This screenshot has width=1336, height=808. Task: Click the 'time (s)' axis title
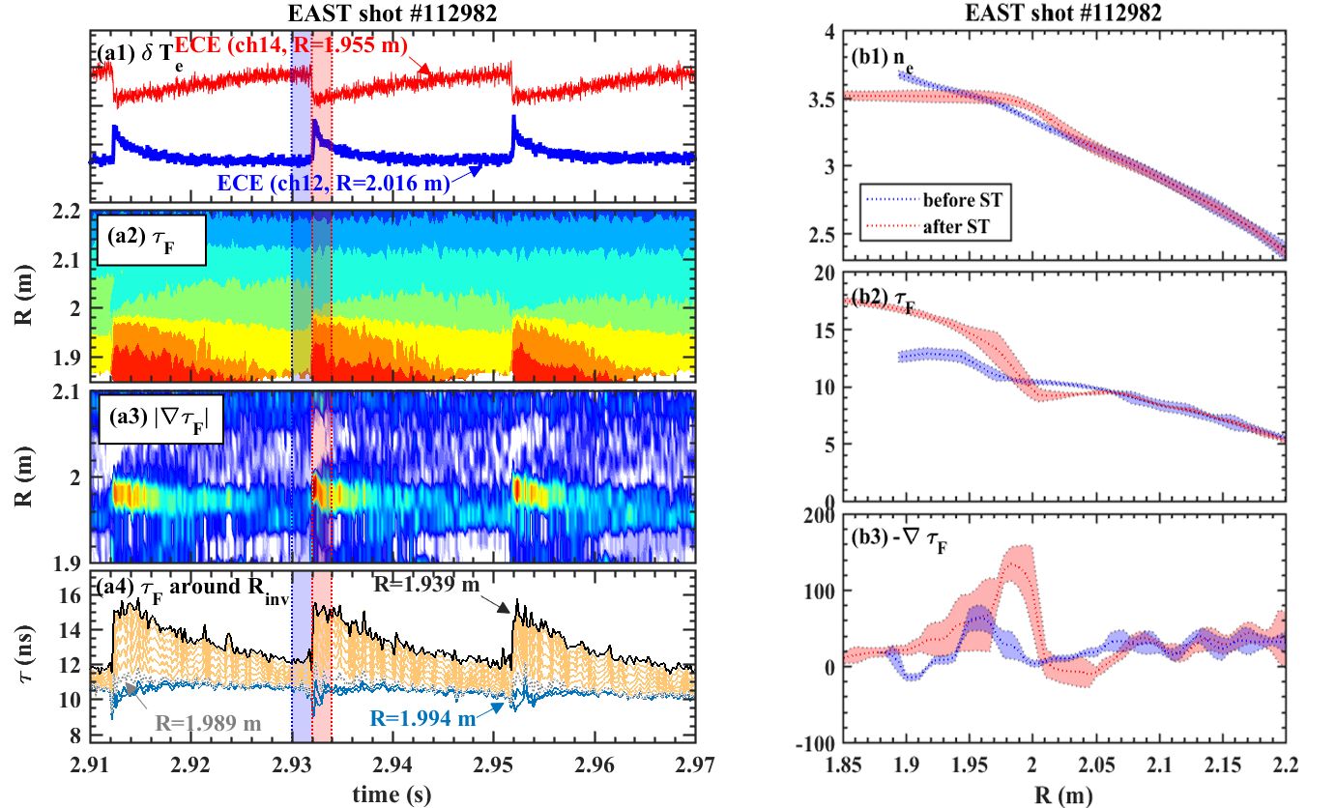coord(392,790)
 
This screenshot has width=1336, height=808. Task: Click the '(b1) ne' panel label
coord(882,58)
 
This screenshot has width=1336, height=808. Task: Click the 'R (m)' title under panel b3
coord(1001,792)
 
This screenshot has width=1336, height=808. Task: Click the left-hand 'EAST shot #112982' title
coord(393,14)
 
